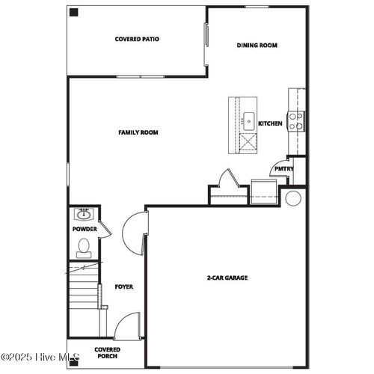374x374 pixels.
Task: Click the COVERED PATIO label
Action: tap(137, 39)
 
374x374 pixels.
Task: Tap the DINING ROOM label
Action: tap(257, 46)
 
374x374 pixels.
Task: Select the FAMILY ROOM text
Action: tap(138, 132)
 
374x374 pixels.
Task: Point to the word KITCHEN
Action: tap(270, 123)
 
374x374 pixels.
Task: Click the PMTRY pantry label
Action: tap(283, 169)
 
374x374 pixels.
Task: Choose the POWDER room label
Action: tap(85, 229)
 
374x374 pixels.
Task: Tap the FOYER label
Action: tap(124, 286)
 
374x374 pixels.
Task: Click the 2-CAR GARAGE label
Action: tap(227, 278)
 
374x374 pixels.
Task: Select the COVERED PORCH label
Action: tap(108, 352)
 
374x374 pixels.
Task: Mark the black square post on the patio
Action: tap(73, 12)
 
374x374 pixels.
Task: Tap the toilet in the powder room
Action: tap(83, 245)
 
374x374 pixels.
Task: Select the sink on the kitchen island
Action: tap(247, 118)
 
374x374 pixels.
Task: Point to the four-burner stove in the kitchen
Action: tap(296, 120)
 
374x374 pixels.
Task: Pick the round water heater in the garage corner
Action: tap(293, 198)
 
